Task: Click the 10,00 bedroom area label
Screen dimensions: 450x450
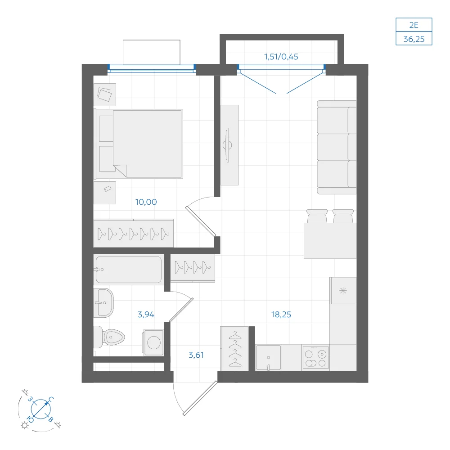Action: click(x=146, y=202)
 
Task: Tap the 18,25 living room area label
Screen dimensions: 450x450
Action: click(x=281, y=315)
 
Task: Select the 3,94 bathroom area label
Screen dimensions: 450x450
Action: click(x=146, y=315)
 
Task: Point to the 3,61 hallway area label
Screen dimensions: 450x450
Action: click(x=196, y=355)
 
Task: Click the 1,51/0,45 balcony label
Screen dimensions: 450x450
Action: click(x=281, y=57)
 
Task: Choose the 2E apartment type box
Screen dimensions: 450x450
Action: click(x=414, y=25)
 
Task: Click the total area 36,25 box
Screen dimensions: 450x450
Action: click(x=414, y=38)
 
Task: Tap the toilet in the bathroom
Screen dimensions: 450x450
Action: click(x=109, y=337)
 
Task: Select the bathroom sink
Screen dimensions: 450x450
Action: click(x=103, y=303)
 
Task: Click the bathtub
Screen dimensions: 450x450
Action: click(x=129, y=270)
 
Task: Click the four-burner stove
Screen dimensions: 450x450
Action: click(x=315, y=358)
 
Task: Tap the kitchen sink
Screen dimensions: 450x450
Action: click(x=268, y=358)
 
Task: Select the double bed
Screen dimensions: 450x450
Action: click(x=139, y=144)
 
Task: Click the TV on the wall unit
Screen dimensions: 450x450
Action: click(x=228, y=145)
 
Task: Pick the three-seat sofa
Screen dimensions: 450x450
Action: click(x=337, y=147)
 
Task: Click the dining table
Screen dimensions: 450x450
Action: click(x=330, y=241)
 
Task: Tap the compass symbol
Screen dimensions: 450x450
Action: click(x=40, y=409)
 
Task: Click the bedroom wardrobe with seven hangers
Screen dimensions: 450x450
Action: click(x=134, y=233)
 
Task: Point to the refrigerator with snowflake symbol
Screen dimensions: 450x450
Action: click(x=343, y=290)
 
